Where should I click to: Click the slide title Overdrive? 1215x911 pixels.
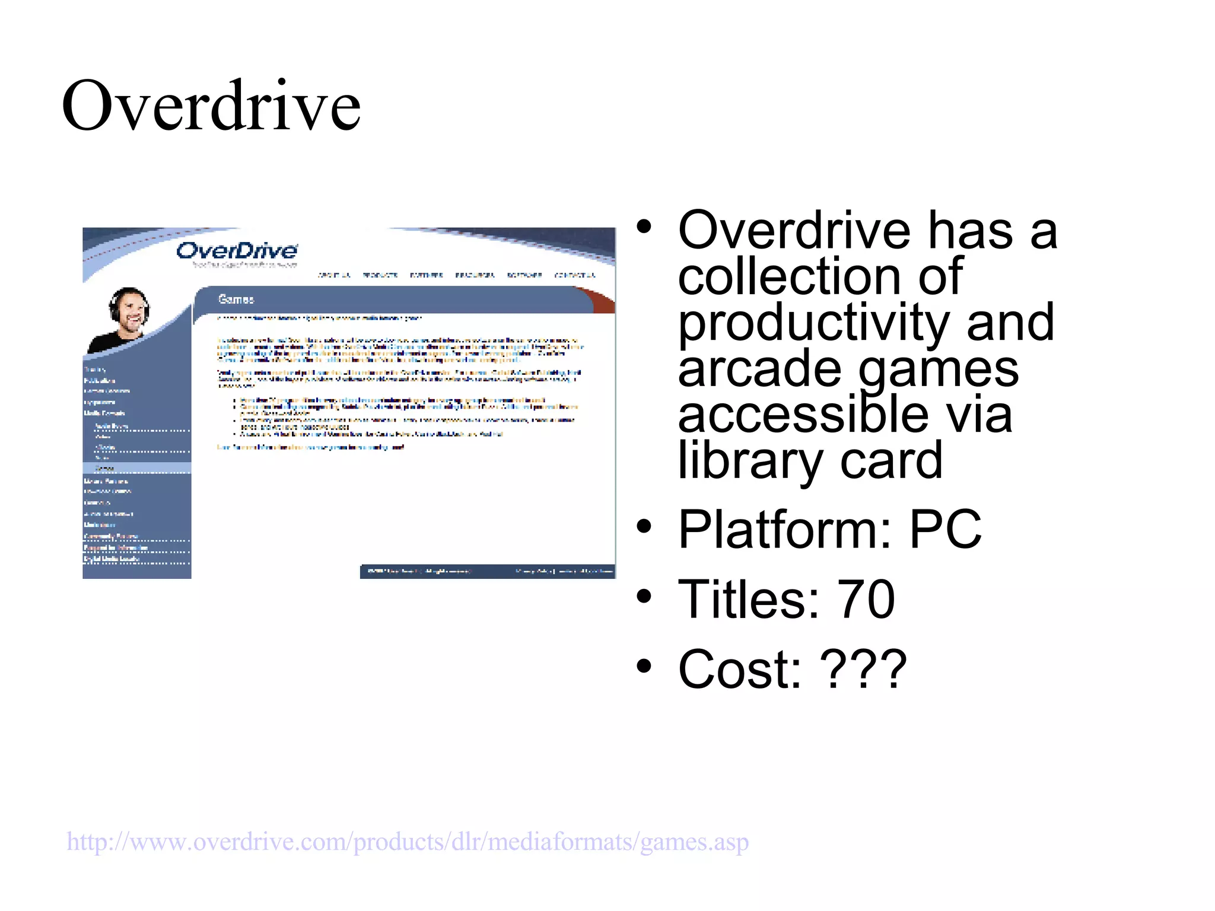211,107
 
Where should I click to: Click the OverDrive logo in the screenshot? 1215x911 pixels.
237,251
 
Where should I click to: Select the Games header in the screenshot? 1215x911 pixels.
236,300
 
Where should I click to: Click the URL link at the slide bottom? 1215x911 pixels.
408,842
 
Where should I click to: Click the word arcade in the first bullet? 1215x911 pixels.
759,369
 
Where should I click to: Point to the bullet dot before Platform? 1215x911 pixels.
644,526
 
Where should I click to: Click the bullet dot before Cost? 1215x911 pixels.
644,666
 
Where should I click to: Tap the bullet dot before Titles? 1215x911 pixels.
644,596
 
